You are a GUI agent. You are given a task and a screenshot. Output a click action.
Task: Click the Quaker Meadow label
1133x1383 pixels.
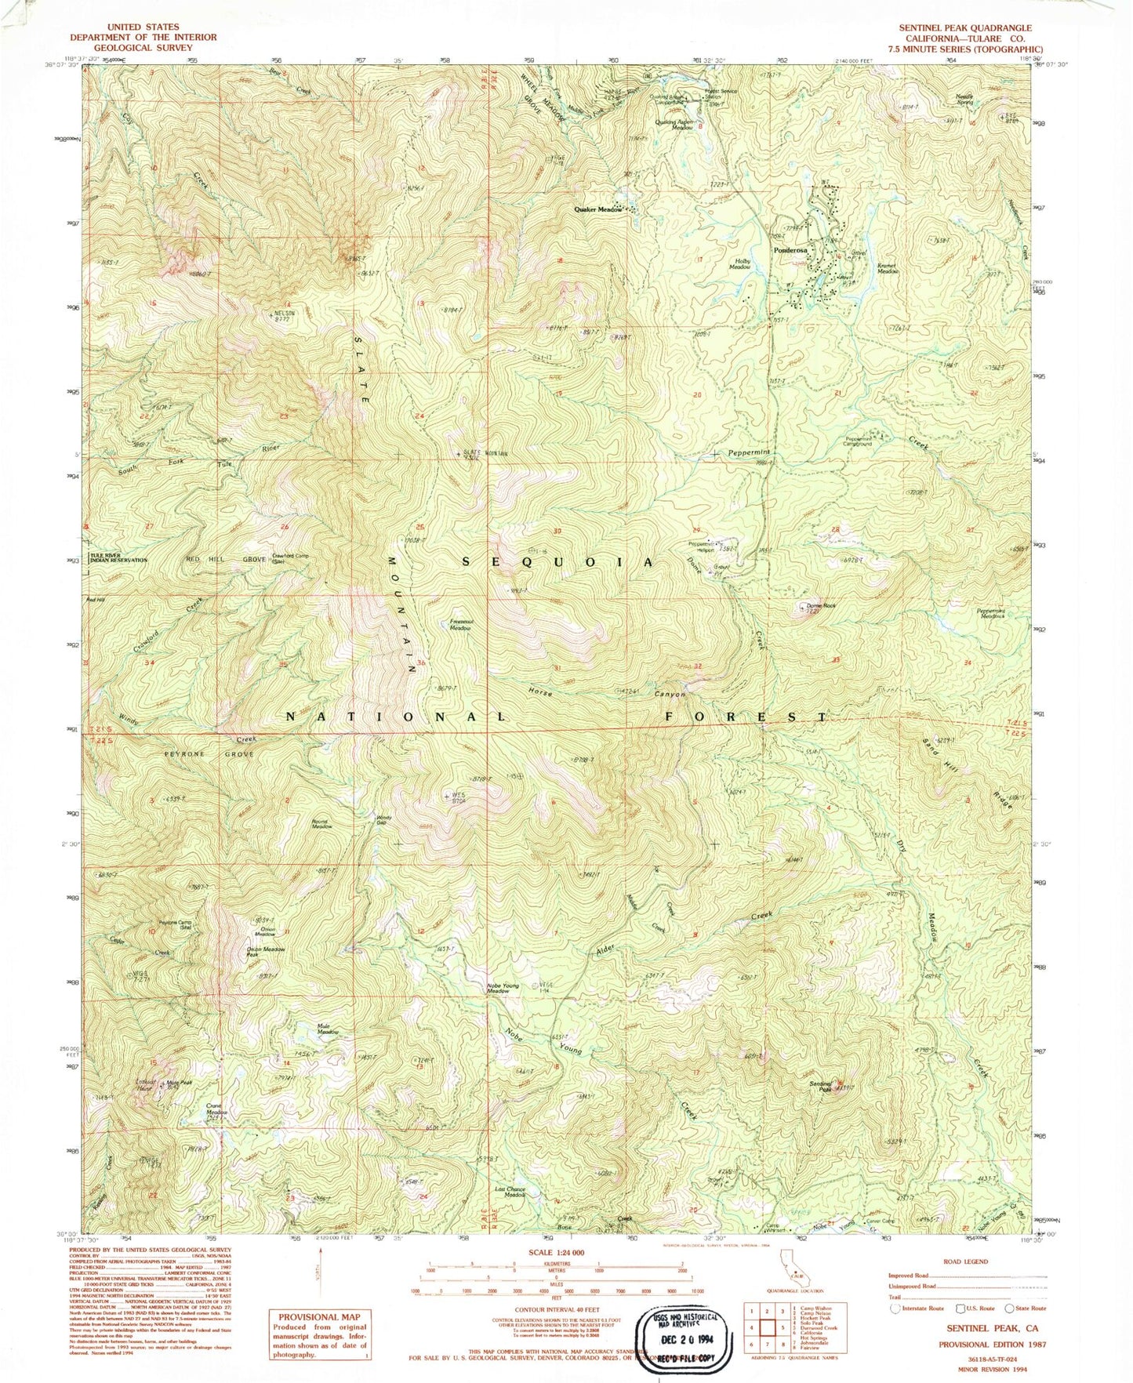point(597,209)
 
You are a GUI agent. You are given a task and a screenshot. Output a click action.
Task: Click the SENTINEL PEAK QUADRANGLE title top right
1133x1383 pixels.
point(964,27)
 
